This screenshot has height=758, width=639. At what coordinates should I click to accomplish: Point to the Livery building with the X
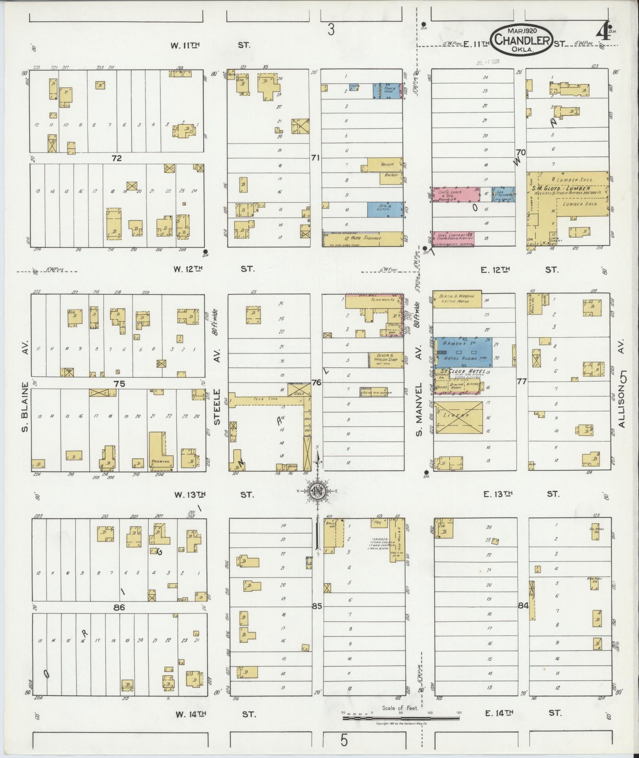coord(459,417)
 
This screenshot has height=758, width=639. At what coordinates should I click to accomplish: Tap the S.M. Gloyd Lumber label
coord(567,188)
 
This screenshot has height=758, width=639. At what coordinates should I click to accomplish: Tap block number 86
coord(118,607)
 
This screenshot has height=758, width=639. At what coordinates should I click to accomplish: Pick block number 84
coord(523,605)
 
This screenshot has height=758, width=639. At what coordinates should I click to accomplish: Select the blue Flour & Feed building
coord(387,91)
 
